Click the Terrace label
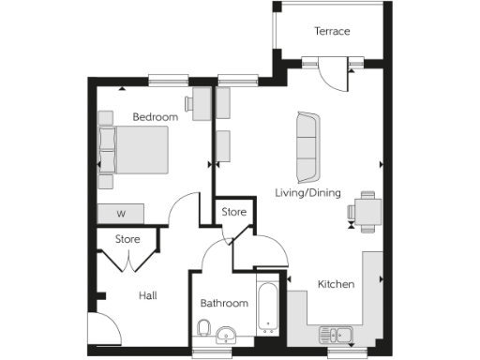332,32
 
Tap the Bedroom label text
155,117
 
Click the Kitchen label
335,284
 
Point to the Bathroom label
224,304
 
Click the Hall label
147,296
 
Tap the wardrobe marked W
121,214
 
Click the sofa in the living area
307,148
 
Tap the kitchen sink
335,334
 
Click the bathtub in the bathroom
268,305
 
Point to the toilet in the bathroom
203,328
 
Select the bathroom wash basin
226,336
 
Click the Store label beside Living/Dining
233,213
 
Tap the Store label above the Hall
127,240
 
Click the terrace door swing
330,73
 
